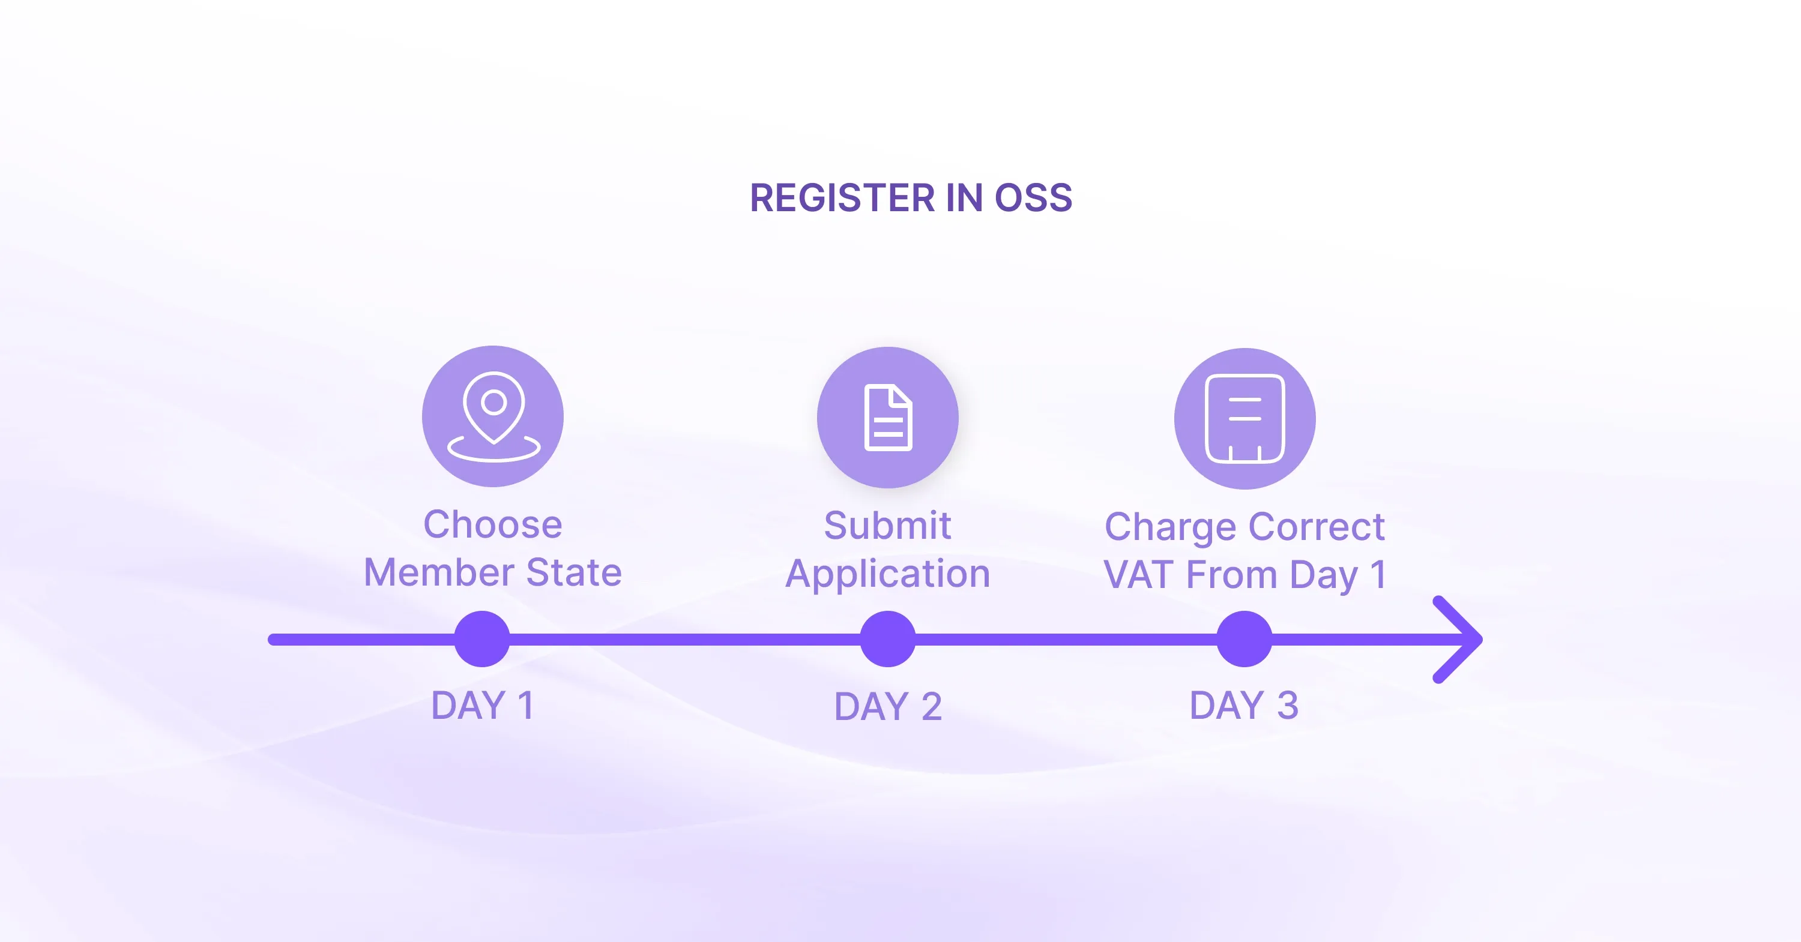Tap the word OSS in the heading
point(1033,198)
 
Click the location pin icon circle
point(493,416)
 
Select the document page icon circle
point(888,418)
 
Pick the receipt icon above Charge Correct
point(1244,419)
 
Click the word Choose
point(493,524)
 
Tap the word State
point(574,572)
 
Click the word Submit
point(888,525)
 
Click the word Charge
point(1171,527)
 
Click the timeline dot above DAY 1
point(481,640)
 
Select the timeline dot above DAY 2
point(888,640)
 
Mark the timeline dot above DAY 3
point(1244,640)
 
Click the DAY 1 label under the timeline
point(483,705)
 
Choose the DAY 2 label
point(888,707)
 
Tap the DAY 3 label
point(1244,705)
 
